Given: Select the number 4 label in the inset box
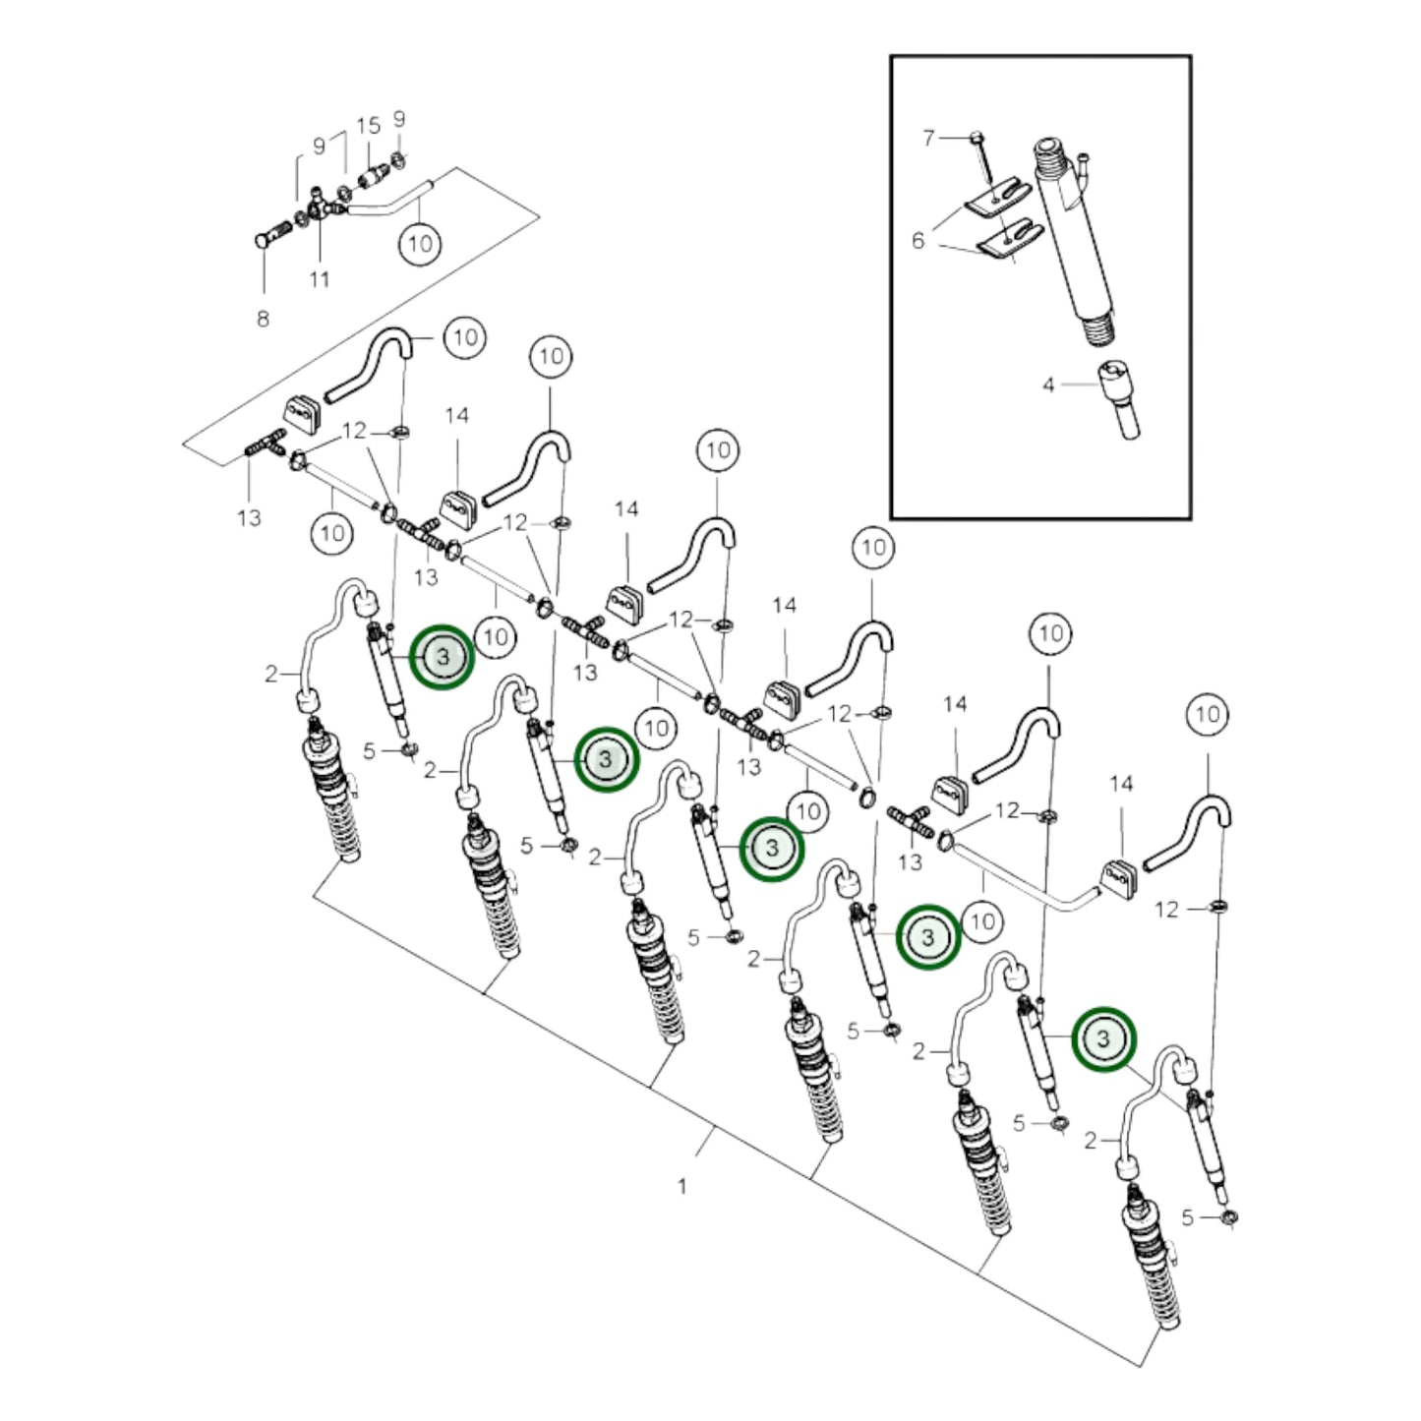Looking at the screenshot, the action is [x=1048, y=385].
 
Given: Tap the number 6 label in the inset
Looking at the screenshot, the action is [x=918, y=240].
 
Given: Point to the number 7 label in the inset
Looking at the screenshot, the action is [x=928, y=138].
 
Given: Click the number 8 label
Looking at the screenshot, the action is [x=264, y=319].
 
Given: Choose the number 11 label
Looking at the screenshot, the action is [x=320, y=279].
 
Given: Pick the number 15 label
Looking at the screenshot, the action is [x=369, y=125].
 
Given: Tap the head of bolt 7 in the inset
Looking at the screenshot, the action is [x=975, y=137].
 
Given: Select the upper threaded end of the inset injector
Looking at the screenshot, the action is [x=1050, y=154].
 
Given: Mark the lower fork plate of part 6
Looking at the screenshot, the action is [x=1009, y=240].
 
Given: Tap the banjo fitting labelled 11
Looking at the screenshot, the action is [x=320, y=207].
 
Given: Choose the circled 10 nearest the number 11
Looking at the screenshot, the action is [x=420, y=243].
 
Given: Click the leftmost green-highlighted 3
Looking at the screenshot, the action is [x=443, y=657].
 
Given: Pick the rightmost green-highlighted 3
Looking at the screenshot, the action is [x=1104, y=1039].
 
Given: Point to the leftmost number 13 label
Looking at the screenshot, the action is [x=249, y=517].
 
